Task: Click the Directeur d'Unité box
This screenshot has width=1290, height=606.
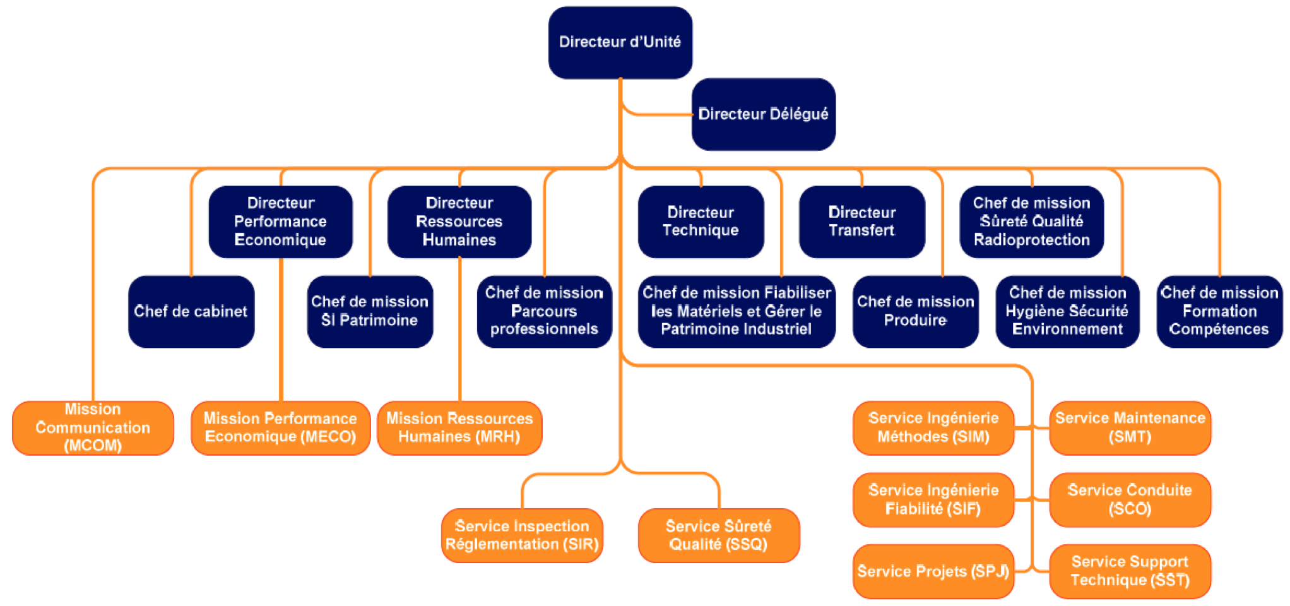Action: [620, 42]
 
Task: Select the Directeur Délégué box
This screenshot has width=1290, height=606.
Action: [763, 114]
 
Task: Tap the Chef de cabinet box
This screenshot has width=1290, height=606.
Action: [191, 311]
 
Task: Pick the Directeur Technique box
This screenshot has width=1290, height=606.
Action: [701, 222]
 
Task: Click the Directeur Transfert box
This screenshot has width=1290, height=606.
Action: [861, 222]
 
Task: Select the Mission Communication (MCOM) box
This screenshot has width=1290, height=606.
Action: [93, 427]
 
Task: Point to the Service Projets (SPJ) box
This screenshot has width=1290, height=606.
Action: [933, 571]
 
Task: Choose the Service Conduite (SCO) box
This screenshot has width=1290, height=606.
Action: [1130, 499]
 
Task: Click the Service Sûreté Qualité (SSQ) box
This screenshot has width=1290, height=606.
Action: [718, 535]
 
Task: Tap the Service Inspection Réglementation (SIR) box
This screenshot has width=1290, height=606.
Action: [522, 535]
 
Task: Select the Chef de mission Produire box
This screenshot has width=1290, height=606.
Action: [915, 311]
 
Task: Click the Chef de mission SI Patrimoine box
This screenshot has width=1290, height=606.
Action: [370, 311]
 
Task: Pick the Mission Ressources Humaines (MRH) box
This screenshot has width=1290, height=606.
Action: [459, 427]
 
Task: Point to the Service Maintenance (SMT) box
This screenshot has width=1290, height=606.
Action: [1130, 427]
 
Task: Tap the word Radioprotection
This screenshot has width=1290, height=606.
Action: [1031, 240]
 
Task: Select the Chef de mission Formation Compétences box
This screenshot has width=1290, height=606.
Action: [1219, 311]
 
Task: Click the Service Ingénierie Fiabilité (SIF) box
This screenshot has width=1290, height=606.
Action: [933, 499]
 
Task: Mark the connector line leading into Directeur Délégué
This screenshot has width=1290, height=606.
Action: [660, 114]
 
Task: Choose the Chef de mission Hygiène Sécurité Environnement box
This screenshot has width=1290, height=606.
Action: [1067, 311]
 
